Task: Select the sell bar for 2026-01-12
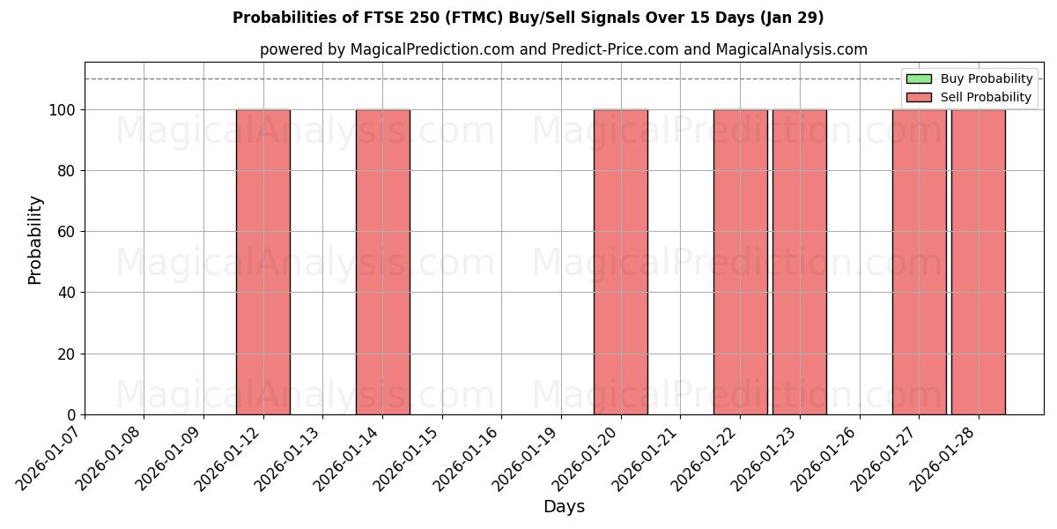[x=262, y=262]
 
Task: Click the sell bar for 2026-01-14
[x=382, y=262]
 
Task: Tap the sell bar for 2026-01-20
[x=620, y=262]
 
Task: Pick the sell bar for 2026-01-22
[x=740, y=262]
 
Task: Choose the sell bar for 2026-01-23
[x=799, y=262]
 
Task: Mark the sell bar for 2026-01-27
[x=919, y=262]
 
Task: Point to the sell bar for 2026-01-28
[x=978, y=262]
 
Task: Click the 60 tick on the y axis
[x=70, y=232]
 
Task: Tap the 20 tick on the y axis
[x=70, y=354]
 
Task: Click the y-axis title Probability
[x=35, y=239]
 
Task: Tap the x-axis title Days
[x=564, y=507]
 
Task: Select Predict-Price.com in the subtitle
[x=615, y=49]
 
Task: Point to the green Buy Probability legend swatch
[x=919, y=79]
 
